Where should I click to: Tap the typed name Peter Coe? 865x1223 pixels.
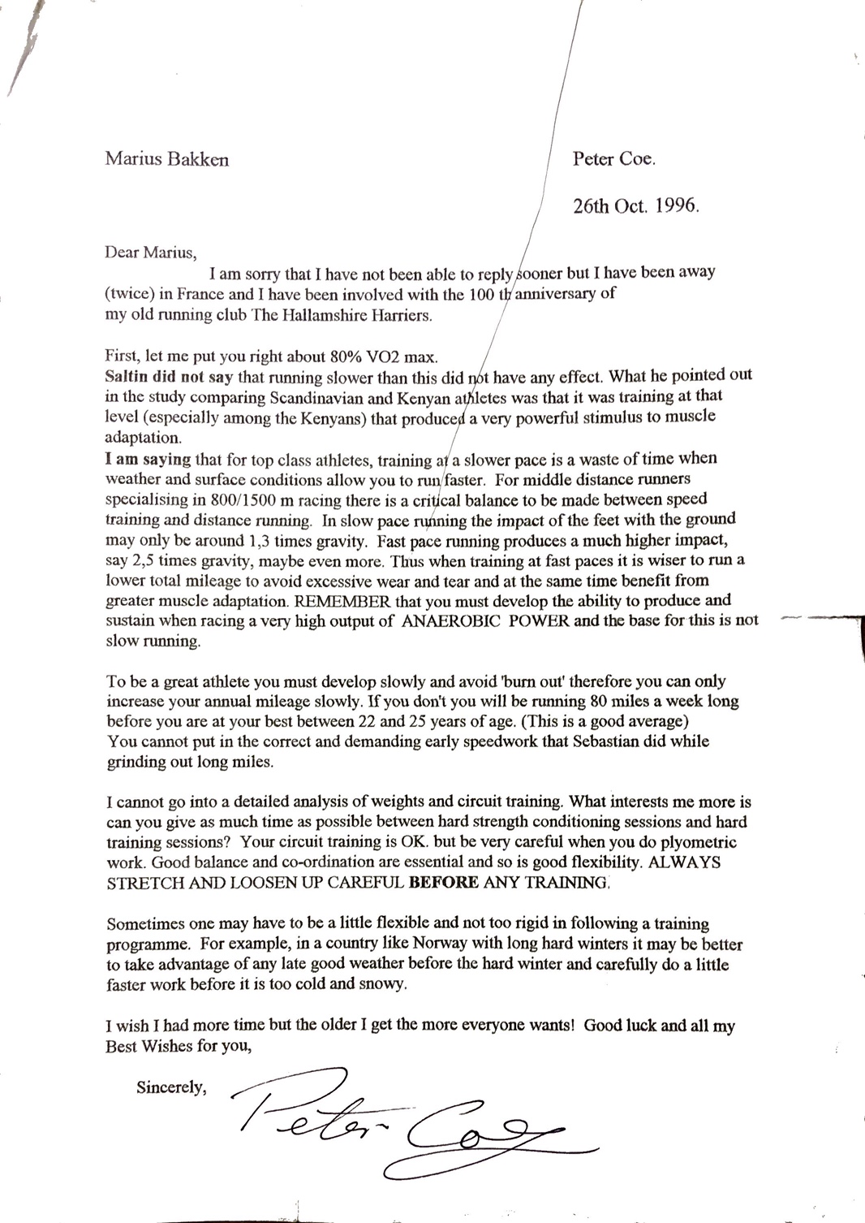click(613, 159)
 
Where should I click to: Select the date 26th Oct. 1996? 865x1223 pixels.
click(635, 205)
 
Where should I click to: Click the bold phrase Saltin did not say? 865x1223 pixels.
click(169, 377)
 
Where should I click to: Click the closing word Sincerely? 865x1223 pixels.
click(171, 1087)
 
